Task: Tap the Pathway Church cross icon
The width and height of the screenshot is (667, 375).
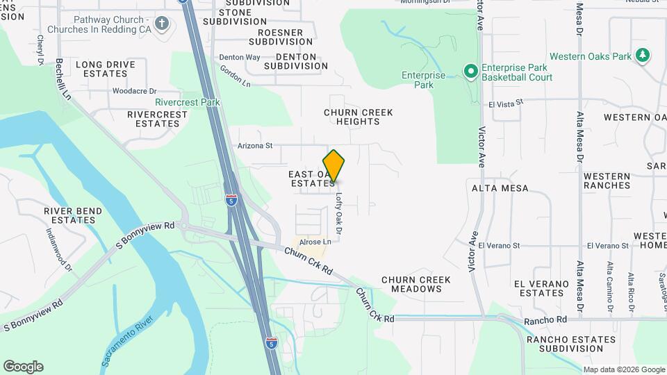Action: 162,24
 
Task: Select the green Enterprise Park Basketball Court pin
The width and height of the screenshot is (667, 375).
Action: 470,72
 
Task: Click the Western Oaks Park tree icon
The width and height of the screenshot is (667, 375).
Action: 643,56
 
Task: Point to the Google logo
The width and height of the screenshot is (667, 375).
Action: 23,367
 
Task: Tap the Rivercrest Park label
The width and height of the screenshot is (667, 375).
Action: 188,102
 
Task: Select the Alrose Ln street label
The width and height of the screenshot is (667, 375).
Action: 315,242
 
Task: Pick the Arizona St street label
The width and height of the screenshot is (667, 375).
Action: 255,146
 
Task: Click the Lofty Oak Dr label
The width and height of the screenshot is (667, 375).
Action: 340,212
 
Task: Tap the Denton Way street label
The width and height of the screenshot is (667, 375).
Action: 239,57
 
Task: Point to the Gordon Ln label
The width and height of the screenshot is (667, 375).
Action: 235,76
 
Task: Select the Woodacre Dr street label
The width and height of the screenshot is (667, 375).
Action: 135,91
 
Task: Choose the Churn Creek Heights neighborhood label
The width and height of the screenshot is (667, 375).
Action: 359,117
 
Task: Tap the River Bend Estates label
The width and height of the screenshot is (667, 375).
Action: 73,215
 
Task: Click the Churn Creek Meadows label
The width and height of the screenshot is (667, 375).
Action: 416,284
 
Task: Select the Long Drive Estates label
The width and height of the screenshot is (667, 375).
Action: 106,69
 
